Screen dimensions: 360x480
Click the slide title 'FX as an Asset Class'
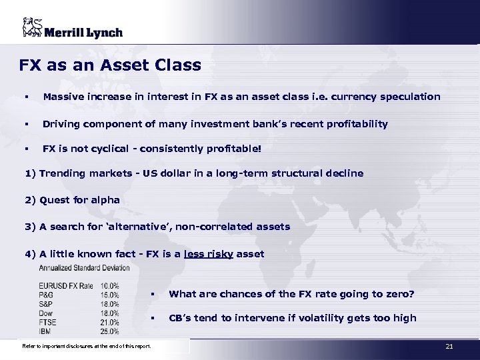[x=110, y=65]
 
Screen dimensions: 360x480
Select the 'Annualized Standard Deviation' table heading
[x=85, y=268]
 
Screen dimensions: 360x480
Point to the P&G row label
[x=47, y=295]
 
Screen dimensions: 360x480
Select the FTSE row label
[x=48, y=322]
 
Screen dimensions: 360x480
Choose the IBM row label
[x=45, y=331]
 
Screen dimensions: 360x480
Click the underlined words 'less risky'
[x=208, y=254]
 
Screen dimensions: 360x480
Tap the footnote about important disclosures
[x=87, y=346]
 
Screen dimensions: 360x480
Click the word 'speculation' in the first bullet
[x=409, y=97]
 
